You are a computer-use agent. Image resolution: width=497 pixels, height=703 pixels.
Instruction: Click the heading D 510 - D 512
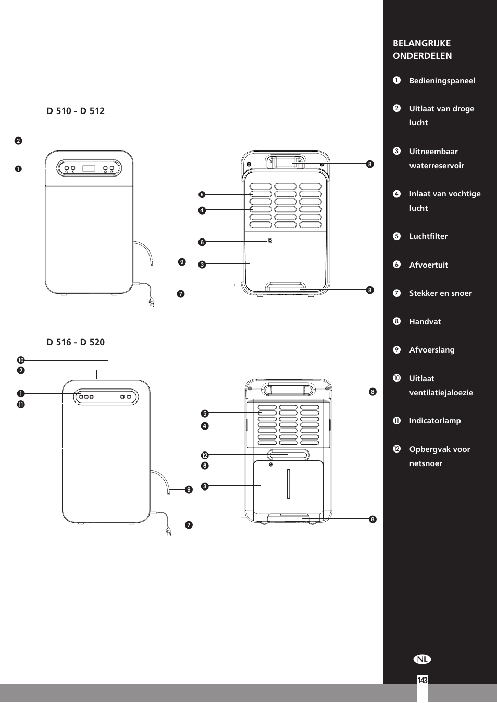point(76,111)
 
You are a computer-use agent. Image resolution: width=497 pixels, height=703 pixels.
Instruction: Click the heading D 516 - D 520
point(76,342)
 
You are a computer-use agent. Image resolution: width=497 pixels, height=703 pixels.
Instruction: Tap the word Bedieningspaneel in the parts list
point(442,81)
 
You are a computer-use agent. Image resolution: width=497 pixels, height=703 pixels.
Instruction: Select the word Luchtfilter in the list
point(428,236)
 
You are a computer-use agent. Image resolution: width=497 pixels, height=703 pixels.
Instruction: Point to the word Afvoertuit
point(428,265)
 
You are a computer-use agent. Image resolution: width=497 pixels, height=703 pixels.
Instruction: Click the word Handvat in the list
point(425,322)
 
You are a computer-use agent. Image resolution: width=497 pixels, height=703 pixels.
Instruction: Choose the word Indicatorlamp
point(434,421)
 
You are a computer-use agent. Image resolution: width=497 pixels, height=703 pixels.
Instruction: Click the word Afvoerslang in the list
point(431,350)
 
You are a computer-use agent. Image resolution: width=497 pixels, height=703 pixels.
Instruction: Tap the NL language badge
point(423,659)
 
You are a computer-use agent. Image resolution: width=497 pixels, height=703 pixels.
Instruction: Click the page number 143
point(422,681)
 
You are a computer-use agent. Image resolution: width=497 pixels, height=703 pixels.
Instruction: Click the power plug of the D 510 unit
point(152,302)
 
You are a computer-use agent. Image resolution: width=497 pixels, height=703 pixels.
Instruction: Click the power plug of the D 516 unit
point(168,531)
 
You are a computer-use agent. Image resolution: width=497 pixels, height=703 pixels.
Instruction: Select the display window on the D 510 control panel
point(89,169)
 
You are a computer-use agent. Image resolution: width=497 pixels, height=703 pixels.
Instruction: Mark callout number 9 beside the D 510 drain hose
point(182,262)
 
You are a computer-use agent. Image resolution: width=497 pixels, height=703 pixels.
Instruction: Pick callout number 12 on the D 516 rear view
point(205,456)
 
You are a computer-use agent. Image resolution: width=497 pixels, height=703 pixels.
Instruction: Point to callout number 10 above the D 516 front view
point(21,360)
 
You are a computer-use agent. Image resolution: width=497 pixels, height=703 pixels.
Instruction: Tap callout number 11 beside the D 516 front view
point(21,404)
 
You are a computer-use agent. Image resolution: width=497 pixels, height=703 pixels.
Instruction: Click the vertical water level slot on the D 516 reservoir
point(288,484)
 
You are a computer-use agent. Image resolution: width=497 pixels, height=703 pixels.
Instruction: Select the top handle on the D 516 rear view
point(289,390)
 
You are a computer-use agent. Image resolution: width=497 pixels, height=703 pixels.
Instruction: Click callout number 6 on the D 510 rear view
point(202,242)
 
